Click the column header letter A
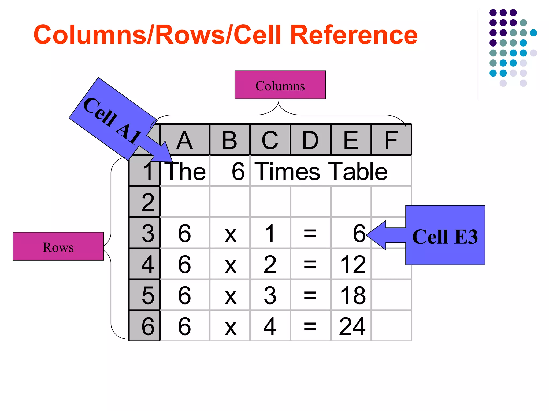(x=184, y=140)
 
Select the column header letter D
(x=310, y=140)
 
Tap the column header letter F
(x=391, y=140)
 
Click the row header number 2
(x=148, y=202)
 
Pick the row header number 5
(x=148, y=295)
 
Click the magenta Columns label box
(x=280, y=85)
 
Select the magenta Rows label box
(x=58, y=246)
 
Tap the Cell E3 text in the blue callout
(x=445, y=237)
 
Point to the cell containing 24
(x=352, y=326)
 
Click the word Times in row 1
(x=287, y=172)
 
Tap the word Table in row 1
(x=358, y=172)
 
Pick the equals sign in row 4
(x=310, y=264)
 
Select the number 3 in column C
(x=270, y=295)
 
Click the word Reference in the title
(x=354, y=35)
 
